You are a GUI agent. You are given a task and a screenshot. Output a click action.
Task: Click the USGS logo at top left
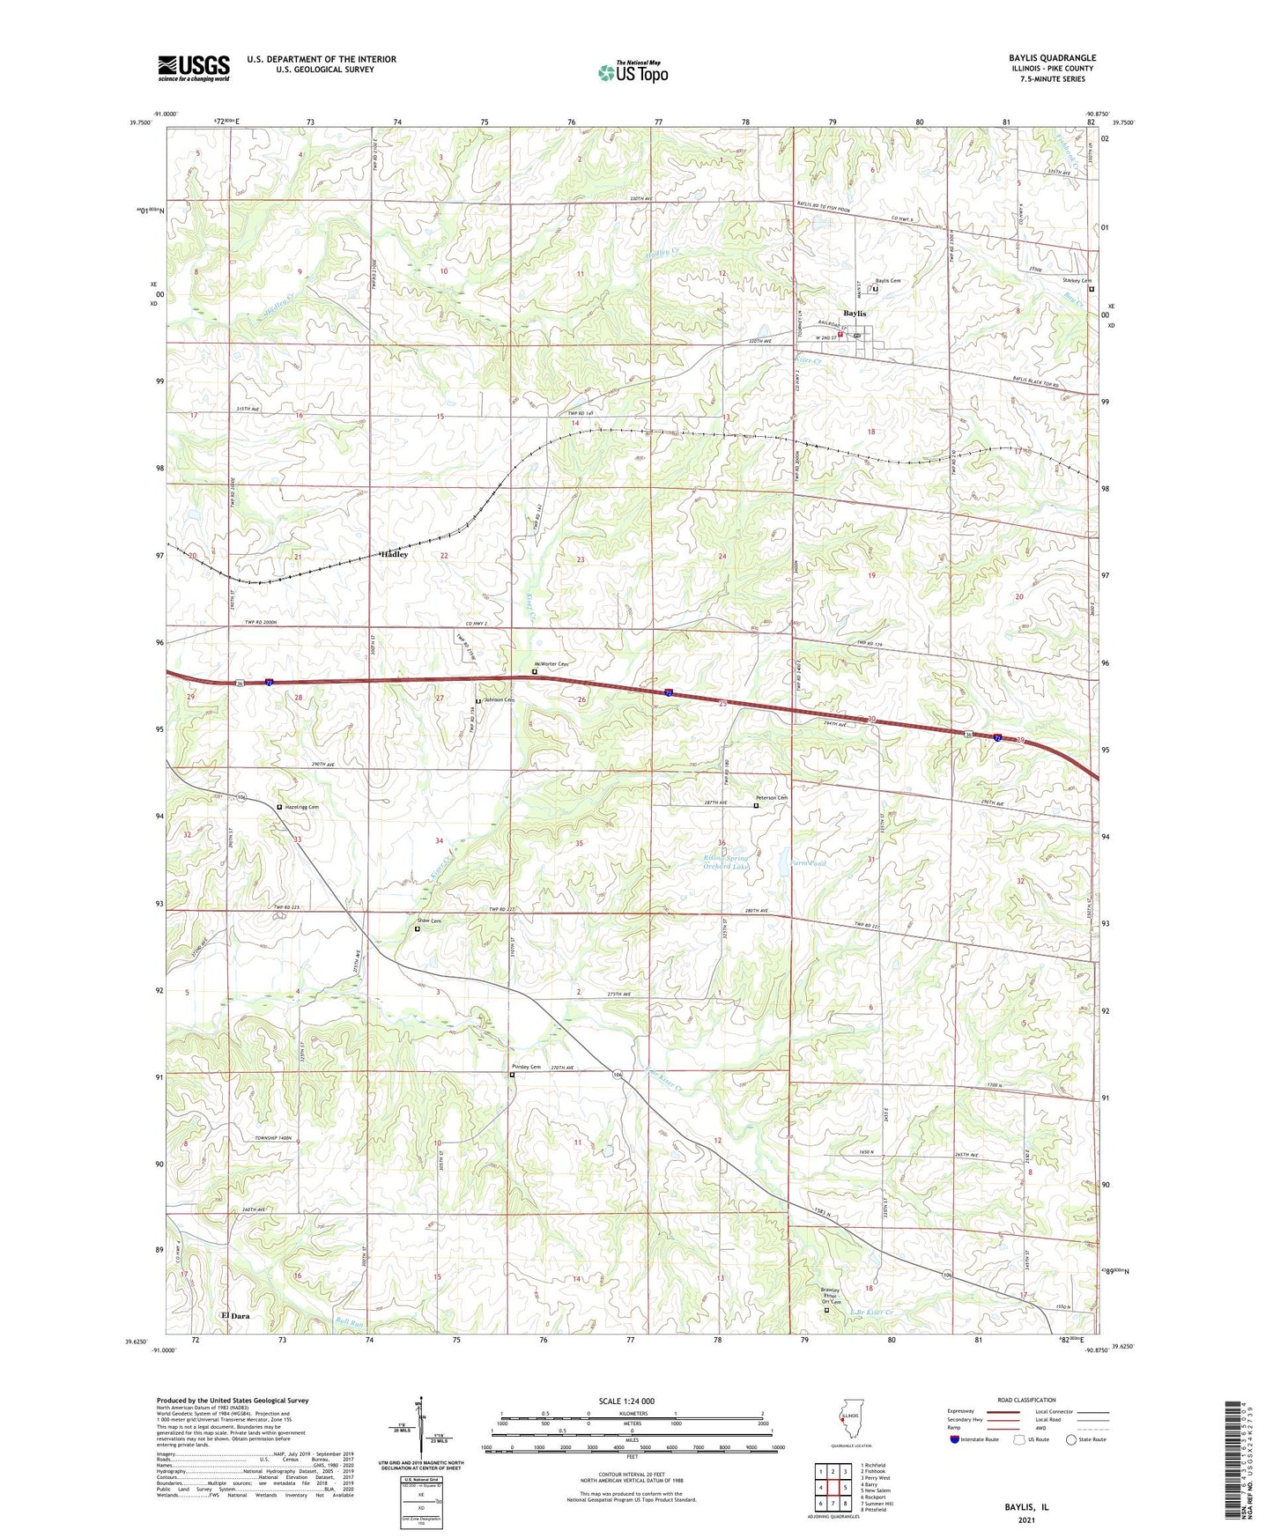[194, 67]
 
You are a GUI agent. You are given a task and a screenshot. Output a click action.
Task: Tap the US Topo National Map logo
[632, 72]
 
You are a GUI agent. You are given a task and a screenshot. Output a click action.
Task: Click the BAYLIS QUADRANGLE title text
[1053, 58]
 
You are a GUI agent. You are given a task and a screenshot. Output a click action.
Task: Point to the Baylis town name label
[854, 314]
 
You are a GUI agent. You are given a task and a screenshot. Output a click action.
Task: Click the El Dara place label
[235, 1315]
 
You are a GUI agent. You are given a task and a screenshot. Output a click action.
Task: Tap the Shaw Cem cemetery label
[429, 921]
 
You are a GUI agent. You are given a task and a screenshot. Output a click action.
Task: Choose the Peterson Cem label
[771, 798]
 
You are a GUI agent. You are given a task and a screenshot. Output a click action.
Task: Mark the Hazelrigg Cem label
[300, 807]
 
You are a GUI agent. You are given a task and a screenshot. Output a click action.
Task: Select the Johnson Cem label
[498, 699]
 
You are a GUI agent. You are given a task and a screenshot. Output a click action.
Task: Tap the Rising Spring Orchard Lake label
[726, 862]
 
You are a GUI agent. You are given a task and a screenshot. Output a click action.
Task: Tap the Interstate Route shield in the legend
[956, 1439]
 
